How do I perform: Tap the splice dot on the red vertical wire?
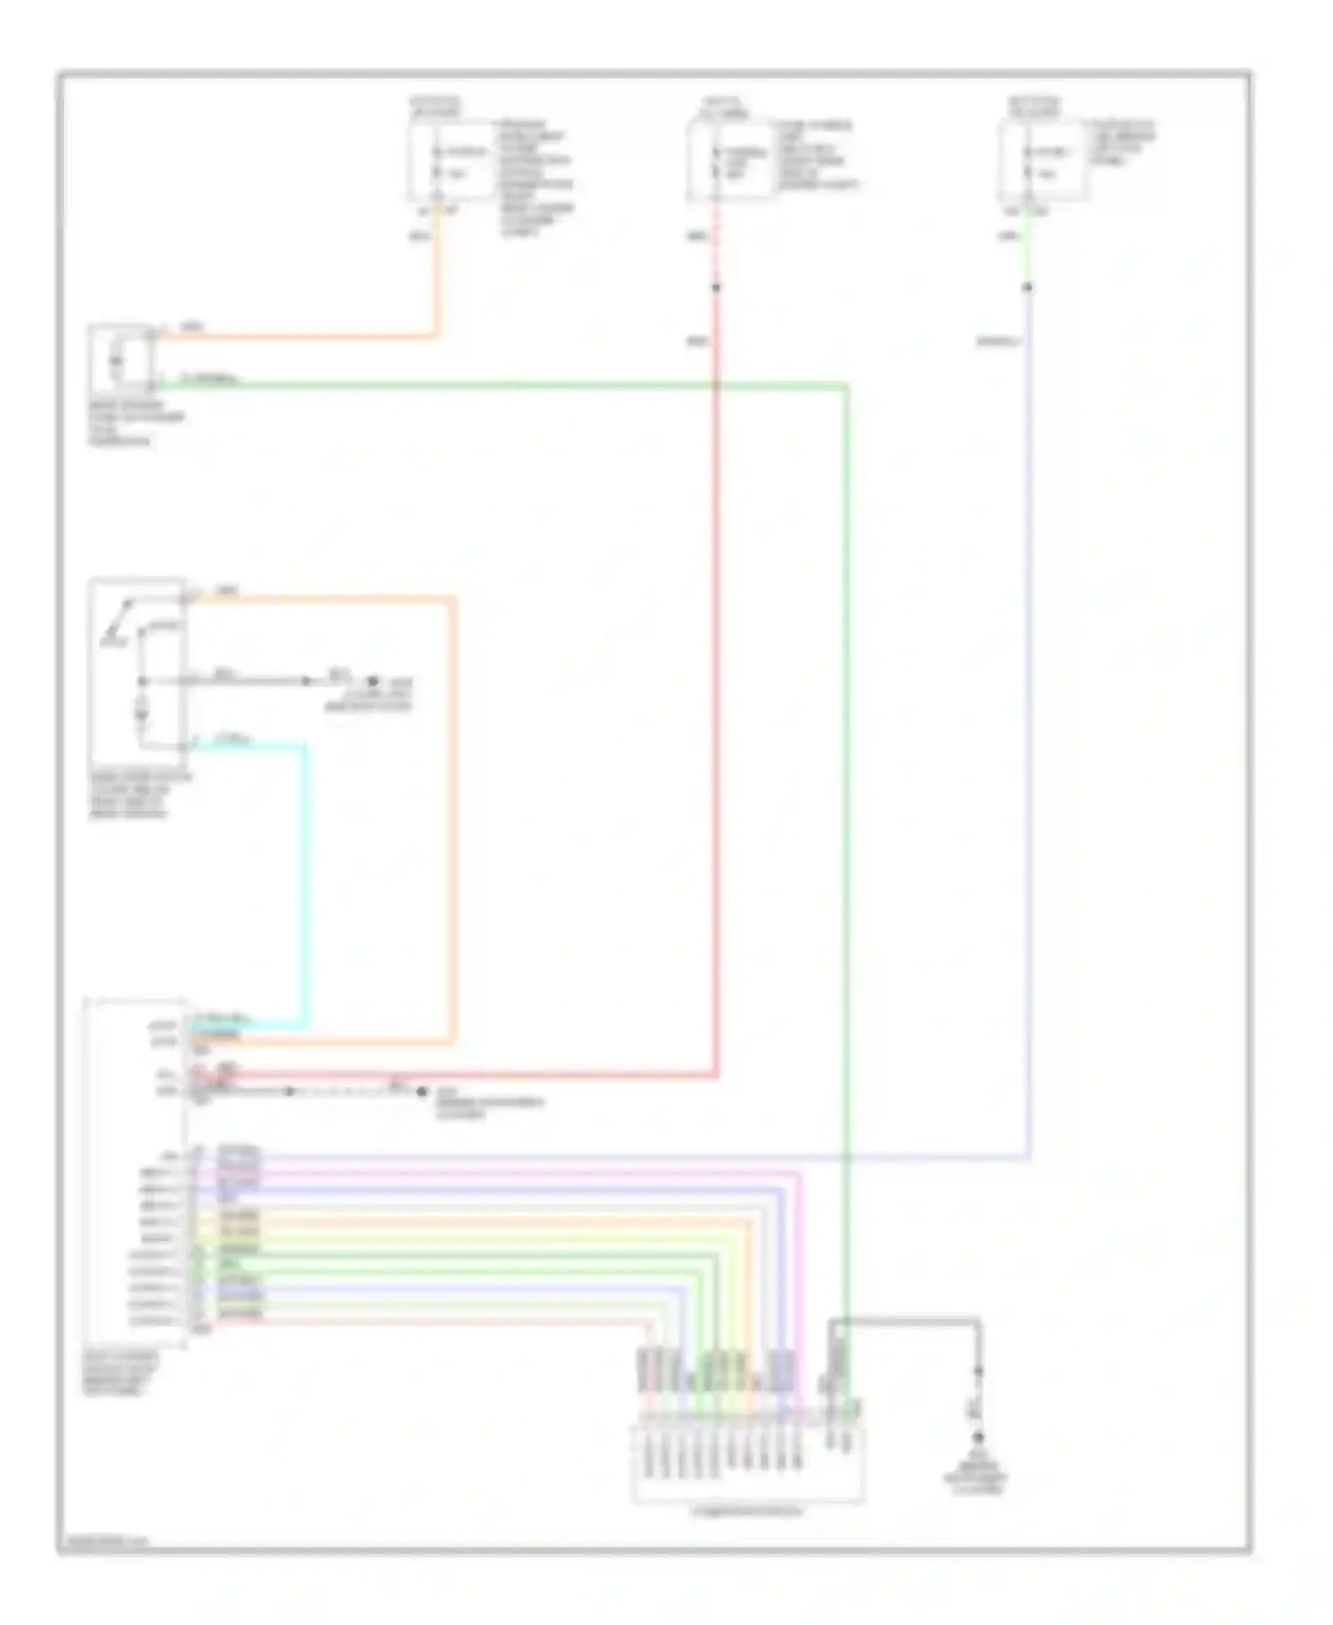(x=715, y=287)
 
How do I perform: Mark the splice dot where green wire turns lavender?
(x=1028, y=287)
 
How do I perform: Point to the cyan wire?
(x=307, y=889)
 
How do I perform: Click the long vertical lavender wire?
(x=1029, y=756)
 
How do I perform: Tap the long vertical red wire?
(x=715, y=711)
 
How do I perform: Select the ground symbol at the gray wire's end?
(x=978, y=1437)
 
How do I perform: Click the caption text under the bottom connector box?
(x=747, y=1511)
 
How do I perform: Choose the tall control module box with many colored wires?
(x=135, y=1173)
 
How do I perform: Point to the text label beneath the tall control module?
(x=121, y=1373)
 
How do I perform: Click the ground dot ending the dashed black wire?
(x=422, y=1091)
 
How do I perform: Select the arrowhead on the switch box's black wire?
(x=307, y=681)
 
